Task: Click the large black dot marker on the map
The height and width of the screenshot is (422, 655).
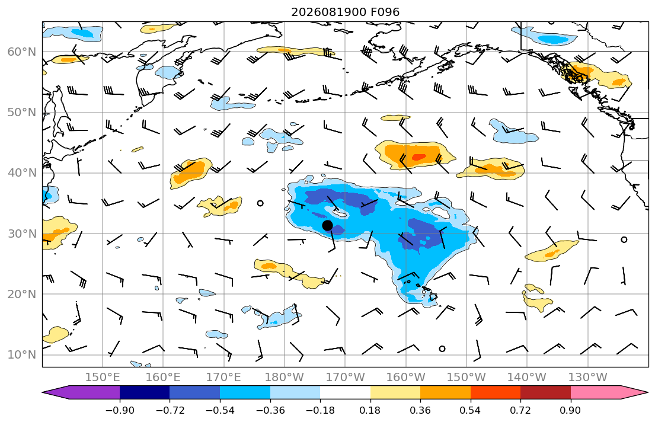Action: click(x=327, y=226)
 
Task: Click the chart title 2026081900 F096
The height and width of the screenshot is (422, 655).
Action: click(x=346, y=12)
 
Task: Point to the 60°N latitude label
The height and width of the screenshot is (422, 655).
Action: click(x=22, y=52)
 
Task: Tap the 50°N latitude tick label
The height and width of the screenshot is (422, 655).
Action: click(x=22, y=113)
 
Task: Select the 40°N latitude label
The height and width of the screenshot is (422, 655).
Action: click(x=22, y=173)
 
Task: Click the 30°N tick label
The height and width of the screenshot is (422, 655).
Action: click(x=22, y=234)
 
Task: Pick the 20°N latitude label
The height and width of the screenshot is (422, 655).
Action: click(x=22, y=294)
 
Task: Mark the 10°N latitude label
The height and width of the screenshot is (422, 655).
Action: click(x=22, y=355)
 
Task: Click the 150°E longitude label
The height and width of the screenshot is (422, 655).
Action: click(x=103, y=378)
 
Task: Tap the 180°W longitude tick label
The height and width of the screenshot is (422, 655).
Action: click(x=285, y=378)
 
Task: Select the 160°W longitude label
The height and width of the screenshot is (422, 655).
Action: click(x=406, y=378)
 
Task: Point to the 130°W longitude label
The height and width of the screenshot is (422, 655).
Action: click(x=588, y=378)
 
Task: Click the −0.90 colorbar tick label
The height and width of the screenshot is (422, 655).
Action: click(x=120, y=410)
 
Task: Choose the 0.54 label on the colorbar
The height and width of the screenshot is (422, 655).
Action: click(x=471, y=410)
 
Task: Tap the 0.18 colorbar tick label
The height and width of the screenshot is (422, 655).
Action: click(x=370, y=410)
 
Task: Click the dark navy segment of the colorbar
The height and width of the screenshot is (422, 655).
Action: click(x=145, y=392)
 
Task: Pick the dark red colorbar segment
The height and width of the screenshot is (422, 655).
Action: click(x=545, y=392)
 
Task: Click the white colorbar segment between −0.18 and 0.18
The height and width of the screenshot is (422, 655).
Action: click(x=345, y=392)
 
